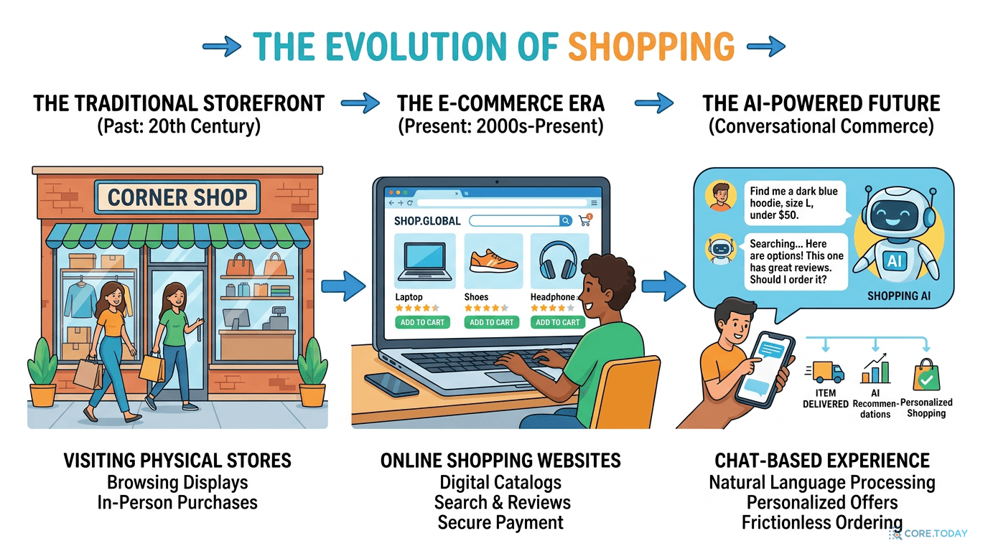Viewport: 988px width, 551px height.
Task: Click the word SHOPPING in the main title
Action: pos(651,47)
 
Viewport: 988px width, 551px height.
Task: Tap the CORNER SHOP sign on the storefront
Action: pos(177,197)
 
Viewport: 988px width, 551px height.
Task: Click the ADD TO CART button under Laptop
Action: pos(422,322)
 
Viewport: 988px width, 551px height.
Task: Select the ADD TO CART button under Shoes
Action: pos(491,322)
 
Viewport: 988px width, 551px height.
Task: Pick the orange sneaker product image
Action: pos(493,261)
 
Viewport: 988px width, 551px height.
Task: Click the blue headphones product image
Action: pos(558,260)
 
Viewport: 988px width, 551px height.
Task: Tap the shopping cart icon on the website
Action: pos(585,220)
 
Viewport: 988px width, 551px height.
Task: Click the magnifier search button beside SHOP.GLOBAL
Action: pos(566,221)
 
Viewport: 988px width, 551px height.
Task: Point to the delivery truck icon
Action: pos(825,372)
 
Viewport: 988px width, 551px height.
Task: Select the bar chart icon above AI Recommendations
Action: pos(875,369)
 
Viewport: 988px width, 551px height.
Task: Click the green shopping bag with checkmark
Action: pos(926,375)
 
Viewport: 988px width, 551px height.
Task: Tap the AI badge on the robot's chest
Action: pos(895,261)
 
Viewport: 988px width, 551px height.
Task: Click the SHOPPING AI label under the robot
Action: pos(899,296)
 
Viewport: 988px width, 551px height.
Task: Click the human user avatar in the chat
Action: pos(720,196)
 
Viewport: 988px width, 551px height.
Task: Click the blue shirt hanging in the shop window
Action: pos(80,300)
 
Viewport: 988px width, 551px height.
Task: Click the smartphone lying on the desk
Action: pos(391,385)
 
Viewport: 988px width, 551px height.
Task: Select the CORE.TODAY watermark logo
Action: pos(928,534)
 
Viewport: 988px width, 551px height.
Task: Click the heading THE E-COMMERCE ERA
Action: pos(500,103)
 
